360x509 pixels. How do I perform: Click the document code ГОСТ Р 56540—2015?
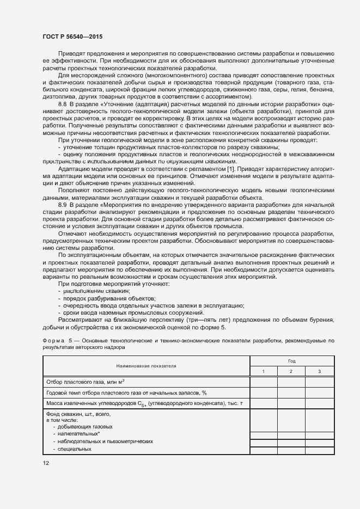[72, 36]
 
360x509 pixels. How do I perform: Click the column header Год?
[292, 360]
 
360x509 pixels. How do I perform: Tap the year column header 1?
[263, 371]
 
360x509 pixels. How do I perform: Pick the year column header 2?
[291, 371]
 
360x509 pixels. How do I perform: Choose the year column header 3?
[319, 371]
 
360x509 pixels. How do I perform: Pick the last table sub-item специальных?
[76, 449]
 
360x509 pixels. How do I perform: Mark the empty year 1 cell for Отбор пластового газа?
[263, 382]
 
